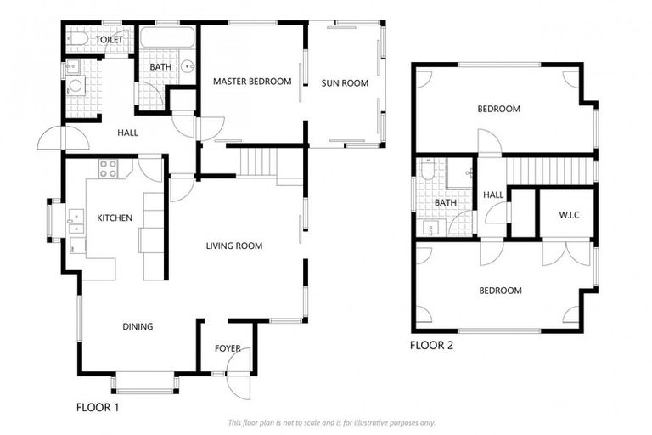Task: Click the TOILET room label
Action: (x=110, y=40)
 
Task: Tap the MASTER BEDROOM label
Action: (x=252, y=82)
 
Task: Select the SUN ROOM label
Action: (x=344, y=83)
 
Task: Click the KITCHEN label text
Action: (x=115, y=218)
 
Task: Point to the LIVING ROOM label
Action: (x=234, y=246)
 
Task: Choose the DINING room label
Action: (x=138, y=326)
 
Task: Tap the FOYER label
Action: (x=228, y=348)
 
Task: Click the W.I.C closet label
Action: (x=569, y=214)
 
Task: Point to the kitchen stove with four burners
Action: (x=109, y=168)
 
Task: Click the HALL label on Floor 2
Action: (x=493, y=195)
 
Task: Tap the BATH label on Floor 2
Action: (x=446, y=203)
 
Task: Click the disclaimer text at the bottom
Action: (x=331, y=422)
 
